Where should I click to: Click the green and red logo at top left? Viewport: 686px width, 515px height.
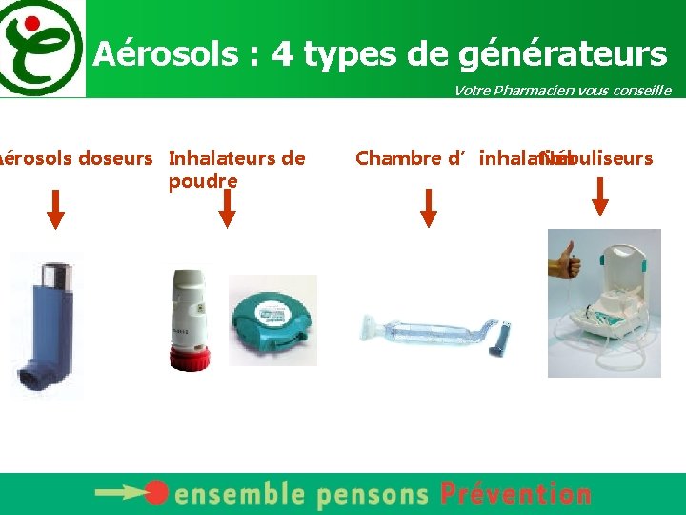click(x=40, y=48)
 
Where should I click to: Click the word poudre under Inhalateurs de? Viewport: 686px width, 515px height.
click(x=203, y=181)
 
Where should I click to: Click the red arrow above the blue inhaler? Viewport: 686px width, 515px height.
click(x=56, y=209)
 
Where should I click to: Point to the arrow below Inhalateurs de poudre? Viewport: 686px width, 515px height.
click(x=227, y=208)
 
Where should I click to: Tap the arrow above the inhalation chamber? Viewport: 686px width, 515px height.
click(x=429, y=208)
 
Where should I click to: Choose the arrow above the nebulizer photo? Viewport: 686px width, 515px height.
click(x=600, y=196)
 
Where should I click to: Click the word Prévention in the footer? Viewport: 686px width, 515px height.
click(x=515, y=494)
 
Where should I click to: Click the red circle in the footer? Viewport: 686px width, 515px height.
click(x=157, y=493)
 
